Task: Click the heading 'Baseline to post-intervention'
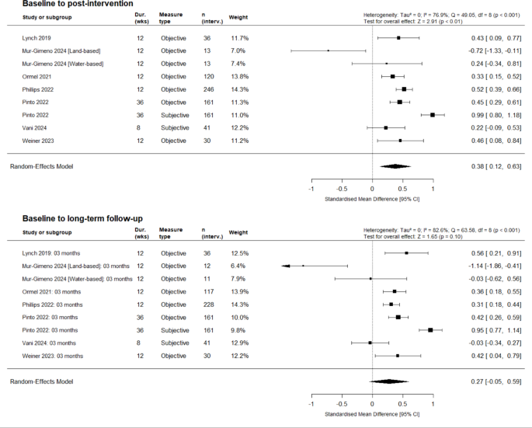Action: coord(78,4)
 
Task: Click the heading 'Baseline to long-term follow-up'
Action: coord(82,218)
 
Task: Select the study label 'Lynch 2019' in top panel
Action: coord(37,38)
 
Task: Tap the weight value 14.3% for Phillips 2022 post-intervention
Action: coord(239,89)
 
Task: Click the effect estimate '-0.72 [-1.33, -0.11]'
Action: coord(495,51)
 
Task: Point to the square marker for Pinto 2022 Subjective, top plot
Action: coord(433,115)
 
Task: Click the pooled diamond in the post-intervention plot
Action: coord(395,166)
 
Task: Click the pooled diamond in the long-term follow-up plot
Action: coord(389,381)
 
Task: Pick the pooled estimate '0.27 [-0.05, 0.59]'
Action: coord(496,381)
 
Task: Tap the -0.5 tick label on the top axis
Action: coord(342,189)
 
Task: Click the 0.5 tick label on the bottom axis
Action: coord(402,404)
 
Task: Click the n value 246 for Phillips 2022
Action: coord(209,89)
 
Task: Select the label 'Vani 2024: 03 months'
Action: coord(49,343)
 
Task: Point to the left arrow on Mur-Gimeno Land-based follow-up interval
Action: coord(285,266)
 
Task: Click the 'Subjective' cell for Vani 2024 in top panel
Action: coord(175,128)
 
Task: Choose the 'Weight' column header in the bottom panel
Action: coord(238,232)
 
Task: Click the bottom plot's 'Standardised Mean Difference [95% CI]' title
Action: coord(372,414)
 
